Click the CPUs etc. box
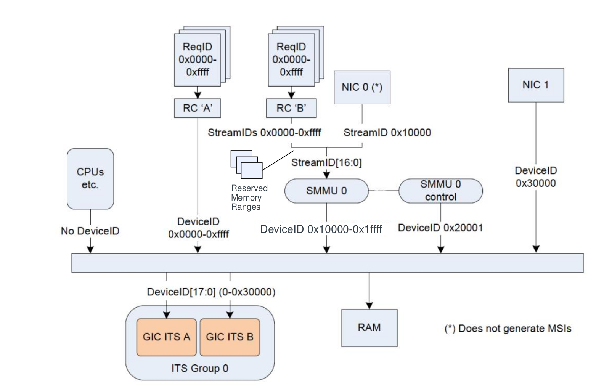pyautogui.click(x=90, y=178)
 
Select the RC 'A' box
pyautogui.click(x=197, y=108)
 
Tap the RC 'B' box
pyautogui.click(x=291, y=108)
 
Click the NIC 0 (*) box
pyautogui.click(x=361, y=87)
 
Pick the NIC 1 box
pyautogui.click(x=535, y=85)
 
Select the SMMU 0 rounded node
pyautogui.click(x=326, y=191)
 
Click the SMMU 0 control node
pyautogui.click(x=440, y=191)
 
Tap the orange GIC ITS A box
pyautogui.click(x=166, y=337)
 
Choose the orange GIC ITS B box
pyautogui.click(x=230, y=337)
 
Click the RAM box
pyautogui.click(x=369, y=328)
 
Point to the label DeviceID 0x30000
pyautogui.click(x=535, y=177)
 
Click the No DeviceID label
pyautogui.click(x=90, y=231)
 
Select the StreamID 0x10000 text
pyautogui.click(x=387, y=133)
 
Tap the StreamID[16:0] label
pyautogui.click(x=326, y=163)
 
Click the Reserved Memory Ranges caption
pyautogui.click(x=246, y=197)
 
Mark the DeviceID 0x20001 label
pyautogui.click(x=440, y=228)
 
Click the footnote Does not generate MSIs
pyautogui.click(x=508, y=329)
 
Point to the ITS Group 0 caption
pyautogui.click(x=200, y=368)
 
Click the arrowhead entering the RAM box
pyautogui.click(x=369, y=305)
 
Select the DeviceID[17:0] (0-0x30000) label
pyautogui.click(x=211, y=292)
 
